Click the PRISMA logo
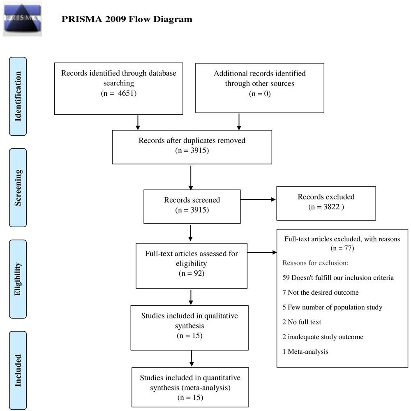point(22,18)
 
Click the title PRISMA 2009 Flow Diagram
point(127,19)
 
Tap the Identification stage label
point(18,96)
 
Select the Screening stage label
point(18,188)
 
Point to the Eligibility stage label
point(18,279)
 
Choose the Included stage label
point(18,370)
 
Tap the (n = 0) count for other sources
point(260,94)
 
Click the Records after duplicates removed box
point(192,147)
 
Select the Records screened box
point(192,207)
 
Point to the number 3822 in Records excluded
point(331,207)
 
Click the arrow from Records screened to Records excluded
point(258,199)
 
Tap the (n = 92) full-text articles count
point(192,273)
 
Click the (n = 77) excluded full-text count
point(342,248)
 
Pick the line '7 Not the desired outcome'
point(320,292)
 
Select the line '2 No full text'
point(302,322)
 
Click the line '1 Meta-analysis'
point(305,351)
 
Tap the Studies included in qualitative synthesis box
point(189,328)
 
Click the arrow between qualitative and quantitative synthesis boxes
point(192,358)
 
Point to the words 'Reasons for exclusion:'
point(315,263)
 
